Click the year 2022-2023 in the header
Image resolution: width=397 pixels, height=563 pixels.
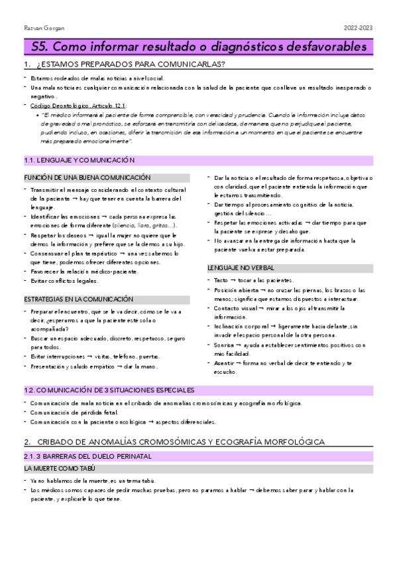[359, 28]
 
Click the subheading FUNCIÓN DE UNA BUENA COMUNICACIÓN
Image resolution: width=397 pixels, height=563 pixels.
[87, 178]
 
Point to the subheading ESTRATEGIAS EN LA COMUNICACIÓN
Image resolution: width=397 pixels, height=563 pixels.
[78, 299]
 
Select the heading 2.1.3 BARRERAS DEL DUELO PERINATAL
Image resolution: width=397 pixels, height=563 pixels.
[87, 456]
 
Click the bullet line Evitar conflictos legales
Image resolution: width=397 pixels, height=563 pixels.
[64, 281]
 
